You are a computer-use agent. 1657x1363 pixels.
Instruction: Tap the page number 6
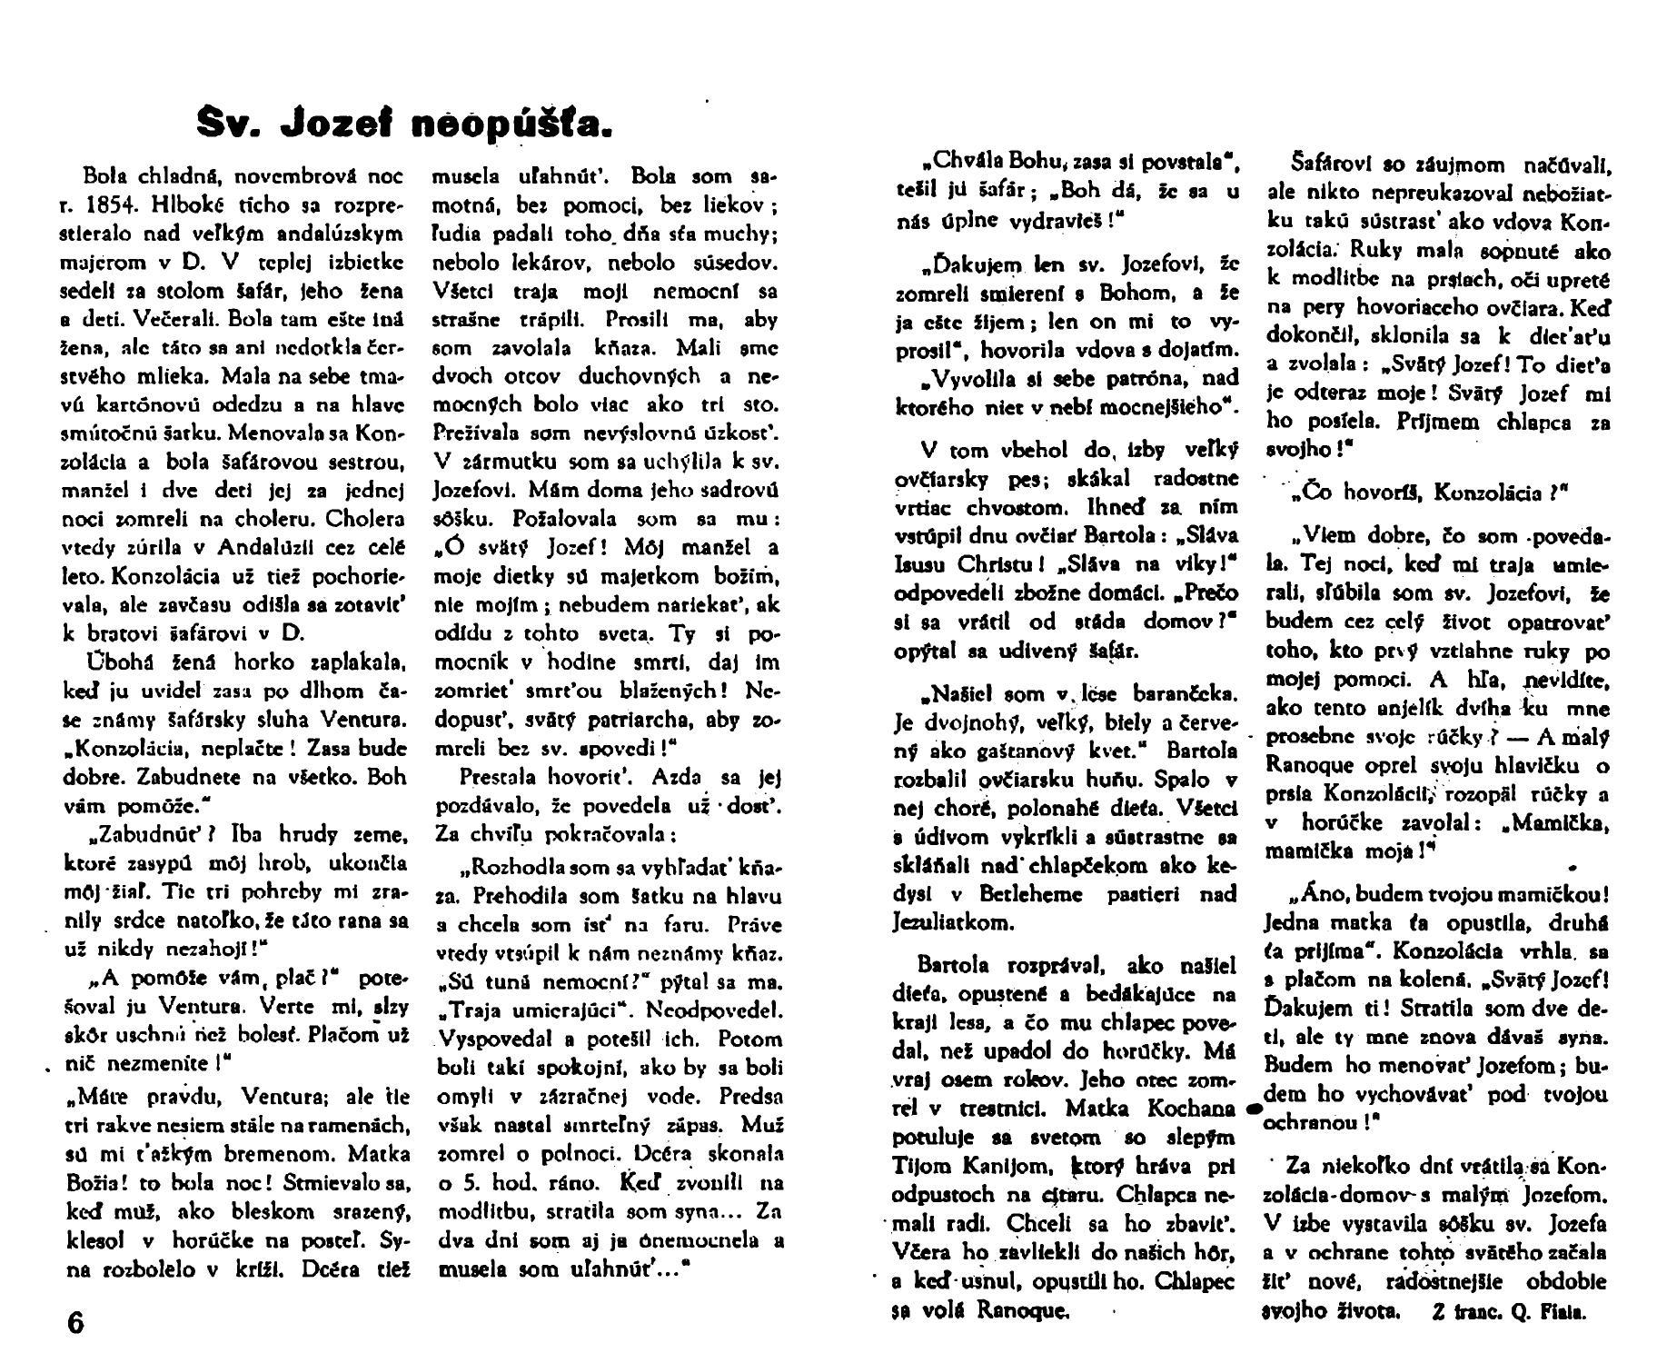[75, 1322]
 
